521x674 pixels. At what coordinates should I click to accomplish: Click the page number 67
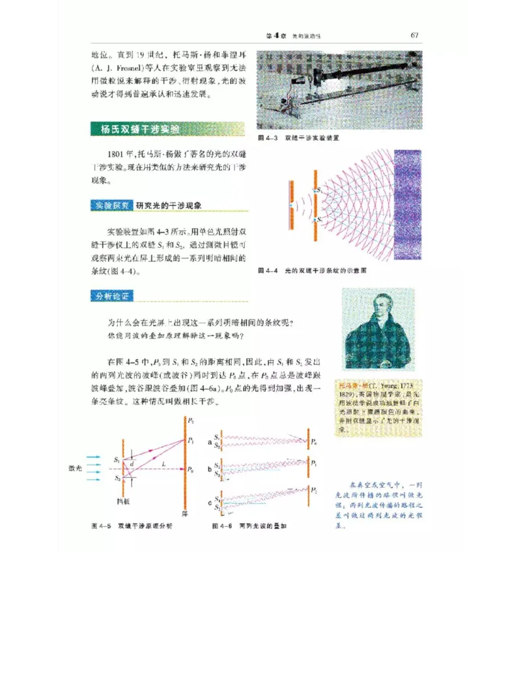coord(414,35)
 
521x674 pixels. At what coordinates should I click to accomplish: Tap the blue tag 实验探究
coord(111,205)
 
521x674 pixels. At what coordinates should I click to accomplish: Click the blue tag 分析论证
coord(111,296)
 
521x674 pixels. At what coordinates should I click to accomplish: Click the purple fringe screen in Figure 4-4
coord(408,205)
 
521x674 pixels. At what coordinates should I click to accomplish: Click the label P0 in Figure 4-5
coord(190,470)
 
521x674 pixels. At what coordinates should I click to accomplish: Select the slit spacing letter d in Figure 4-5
coord(133,463)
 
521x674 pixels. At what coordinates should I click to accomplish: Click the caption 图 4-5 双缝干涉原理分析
coord(131,526)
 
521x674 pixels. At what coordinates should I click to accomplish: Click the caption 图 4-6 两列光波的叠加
coord(249,526)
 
